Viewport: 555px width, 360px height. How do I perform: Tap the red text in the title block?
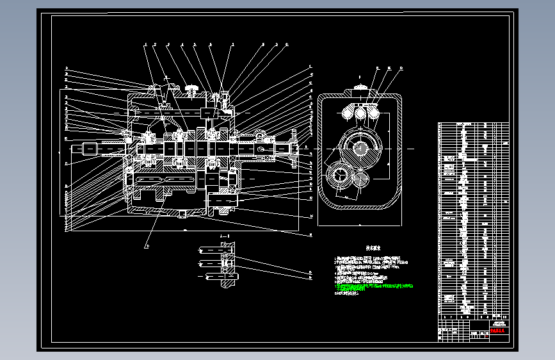[497, 331]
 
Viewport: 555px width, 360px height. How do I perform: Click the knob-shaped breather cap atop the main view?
[190, 88]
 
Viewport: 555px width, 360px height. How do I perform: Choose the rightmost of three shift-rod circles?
[373, 113]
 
